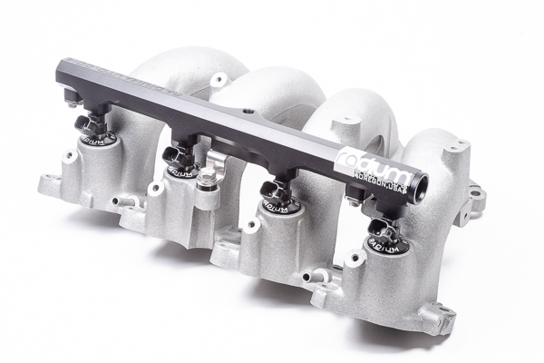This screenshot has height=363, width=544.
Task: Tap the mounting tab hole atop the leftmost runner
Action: tap(218, 80)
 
